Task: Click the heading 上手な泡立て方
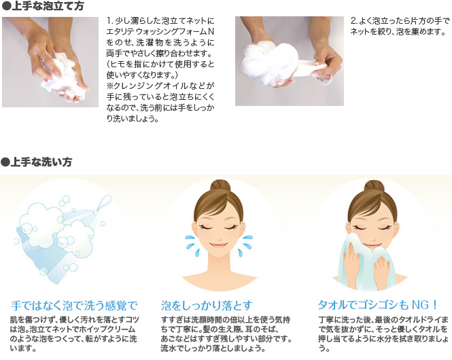48,5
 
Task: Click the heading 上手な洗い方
41,162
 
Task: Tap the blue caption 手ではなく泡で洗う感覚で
74,306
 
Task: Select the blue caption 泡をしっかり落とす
207,306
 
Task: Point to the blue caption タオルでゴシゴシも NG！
378,305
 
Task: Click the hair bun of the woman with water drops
220,187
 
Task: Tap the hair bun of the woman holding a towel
374,187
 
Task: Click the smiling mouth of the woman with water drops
218,245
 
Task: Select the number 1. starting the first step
109,21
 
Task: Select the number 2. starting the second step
354,21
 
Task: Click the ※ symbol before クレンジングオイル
110,86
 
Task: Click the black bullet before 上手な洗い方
5,162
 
